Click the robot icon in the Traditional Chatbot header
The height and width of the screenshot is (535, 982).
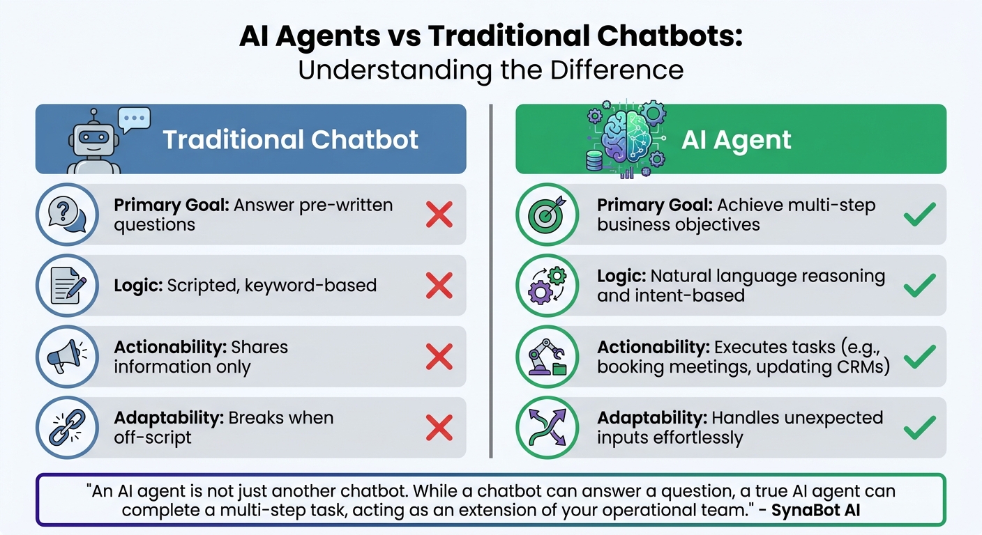pos(93,144)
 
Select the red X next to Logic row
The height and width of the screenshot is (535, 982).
pos(439,285)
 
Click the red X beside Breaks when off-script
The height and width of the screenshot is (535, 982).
pos(439,427)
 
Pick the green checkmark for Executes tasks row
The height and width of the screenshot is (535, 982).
pos(919,356)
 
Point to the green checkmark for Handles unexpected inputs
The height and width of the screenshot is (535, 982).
pos(919,427)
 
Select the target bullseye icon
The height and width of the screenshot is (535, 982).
pos(547,215)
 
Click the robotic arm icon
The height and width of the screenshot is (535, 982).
pos(547,357)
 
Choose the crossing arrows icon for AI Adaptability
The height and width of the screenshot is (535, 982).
pos(547,428)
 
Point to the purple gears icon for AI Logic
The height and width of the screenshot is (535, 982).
pos(547,286)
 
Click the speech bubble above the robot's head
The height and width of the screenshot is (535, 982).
pos(134,120)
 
